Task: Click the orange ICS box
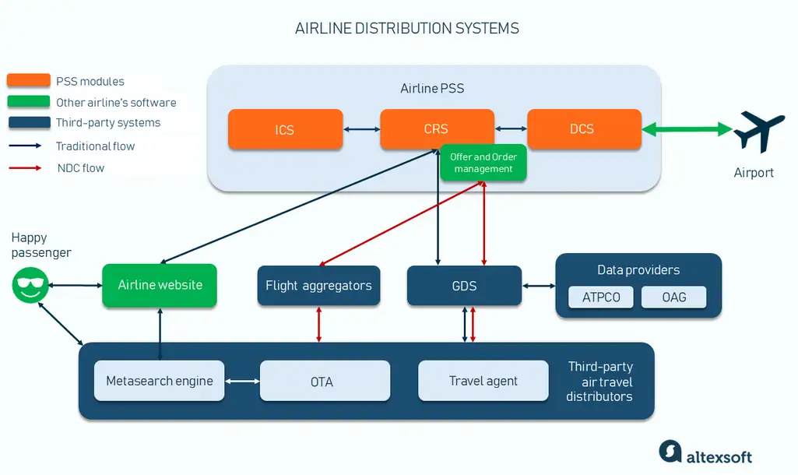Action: pyautogui.click(x=285, y=129)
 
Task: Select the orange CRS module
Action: pyautogui.click(x=437, y=128)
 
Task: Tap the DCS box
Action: pyautogui.click(x=584, y=128)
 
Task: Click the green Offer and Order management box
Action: pyautogui.click(x=483, y=163)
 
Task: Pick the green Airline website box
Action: pyautogui.click(x=160, y=285)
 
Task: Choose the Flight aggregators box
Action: pyautogui.click(x=318, y=286)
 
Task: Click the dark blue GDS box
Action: pyautogui.click(x=464, y=286)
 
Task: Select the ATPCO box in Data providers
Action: pyautogui.click(x=601, y=297)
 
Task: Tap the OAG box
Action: pyautogui.click(x=673, y=297)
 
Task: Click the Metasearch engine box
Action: pyautogui.click(x=160, y=381)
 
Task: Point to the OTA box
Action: pyautogui.click(x=325, y=381)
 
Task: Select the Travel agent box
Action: pyautogui.click(x=483, y=381)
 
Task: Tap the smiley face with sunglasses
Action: pyautogui.click(x=30, y=285)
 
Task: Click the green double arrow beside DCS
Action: pyautogui.click(x=687, y=129)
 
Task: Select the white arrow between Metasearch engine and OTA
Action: pyautogui.click(x=242, y=381)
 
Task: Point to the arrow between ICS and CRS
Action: pyautogui.click(x=361, y=129)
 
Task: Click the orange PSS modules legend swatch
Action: pyautogui.click(x=29, y=80)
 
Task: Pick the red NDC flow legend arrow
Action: pyautogui.click(x=25, y=167)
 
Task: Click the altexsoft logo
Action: pyautogui.click(x=705, y=452)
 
